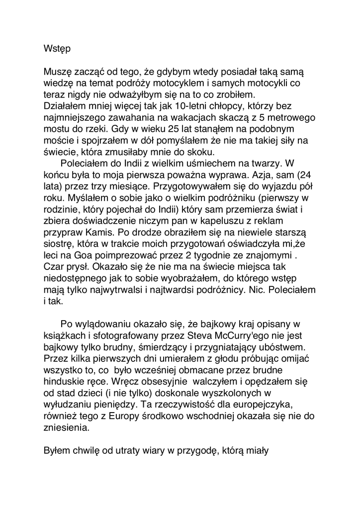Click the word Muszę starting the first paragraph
tap(58, 72)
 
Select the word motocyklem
tap(194, 84)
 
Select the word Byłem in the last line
tap(57, 451)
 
